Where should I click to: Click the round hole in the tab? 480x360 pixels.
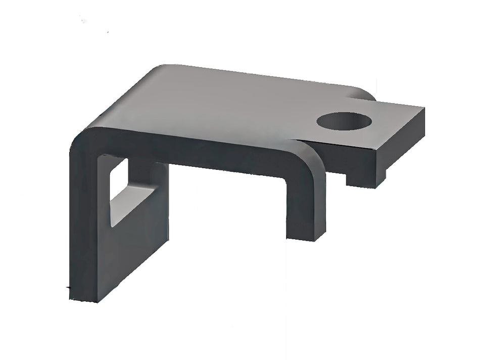[344, 121]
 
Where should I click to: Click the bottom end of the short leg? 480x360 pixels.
[306, 237]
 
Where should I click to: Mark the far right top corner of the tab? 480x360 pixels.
[423, 108]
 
